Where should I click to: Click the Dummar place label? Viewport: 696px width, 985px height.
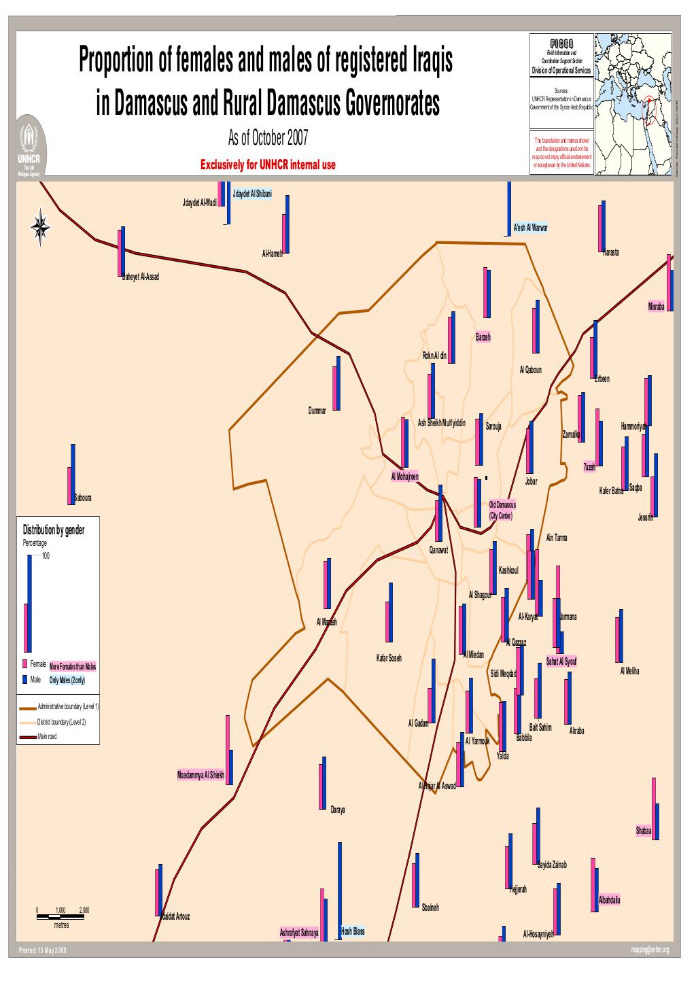pyautogui.click(x=317, y=411)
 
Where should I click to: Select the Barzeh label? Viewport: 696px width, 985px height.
pyautogui.click(x=483, y=337)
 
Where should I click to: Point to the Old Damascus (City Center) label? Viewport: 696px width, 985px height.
pyautogui.click(x=502, y=510)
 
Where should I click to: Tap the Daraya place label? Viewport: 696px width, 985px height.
pyautogui.click(x=338, y=810)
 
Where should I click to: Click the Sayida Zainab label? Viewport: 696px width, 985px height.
pyautogui.click(x=551, y=865)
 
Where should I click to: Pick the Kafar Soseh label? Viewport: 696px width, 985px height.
pyautogui.click(x=389, y=658)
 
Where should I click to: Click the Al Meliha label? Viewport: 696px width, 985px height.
pyautogui.click(x=629, y=671)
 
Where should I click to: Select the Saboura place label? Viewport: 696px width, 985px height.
pyautogui.click(x=83, y=498)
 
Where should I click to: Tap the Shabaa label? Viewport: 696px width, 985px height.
pyautogui.click(x=644, y=831)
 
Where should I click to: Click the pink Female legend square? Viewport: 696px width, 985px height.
pyautogui.click(x=25, y=663)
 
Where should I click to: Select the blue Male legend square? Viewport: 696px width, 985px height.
pyautogui.click(x=25, y=679)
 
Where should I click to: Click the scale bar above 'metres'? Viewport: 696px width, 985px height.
pyautogui.click(x=63, y=916)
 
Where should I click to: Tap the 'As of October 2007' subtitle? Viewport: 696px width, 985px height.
pyautogui.click(x=268, y=139)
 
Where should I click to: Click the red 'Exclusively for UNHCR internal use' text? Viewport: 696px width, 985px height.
pyautogui.click(x=268, y=165)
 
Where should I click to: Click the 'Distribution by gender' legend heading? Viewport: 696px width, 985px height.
pyautogui.click(x=54, y=530)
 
